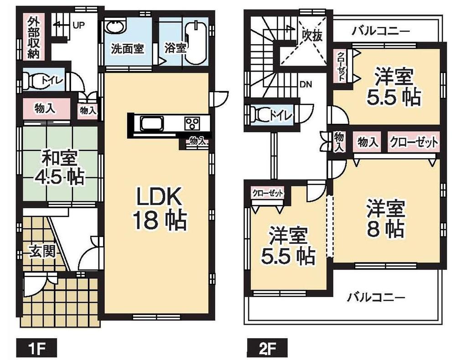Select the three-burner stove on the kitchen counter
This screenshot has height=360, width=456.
192,123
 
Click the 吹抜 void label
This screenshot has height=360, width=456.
312,36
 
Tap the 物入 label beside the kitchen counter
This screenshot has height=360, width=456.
197,142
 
